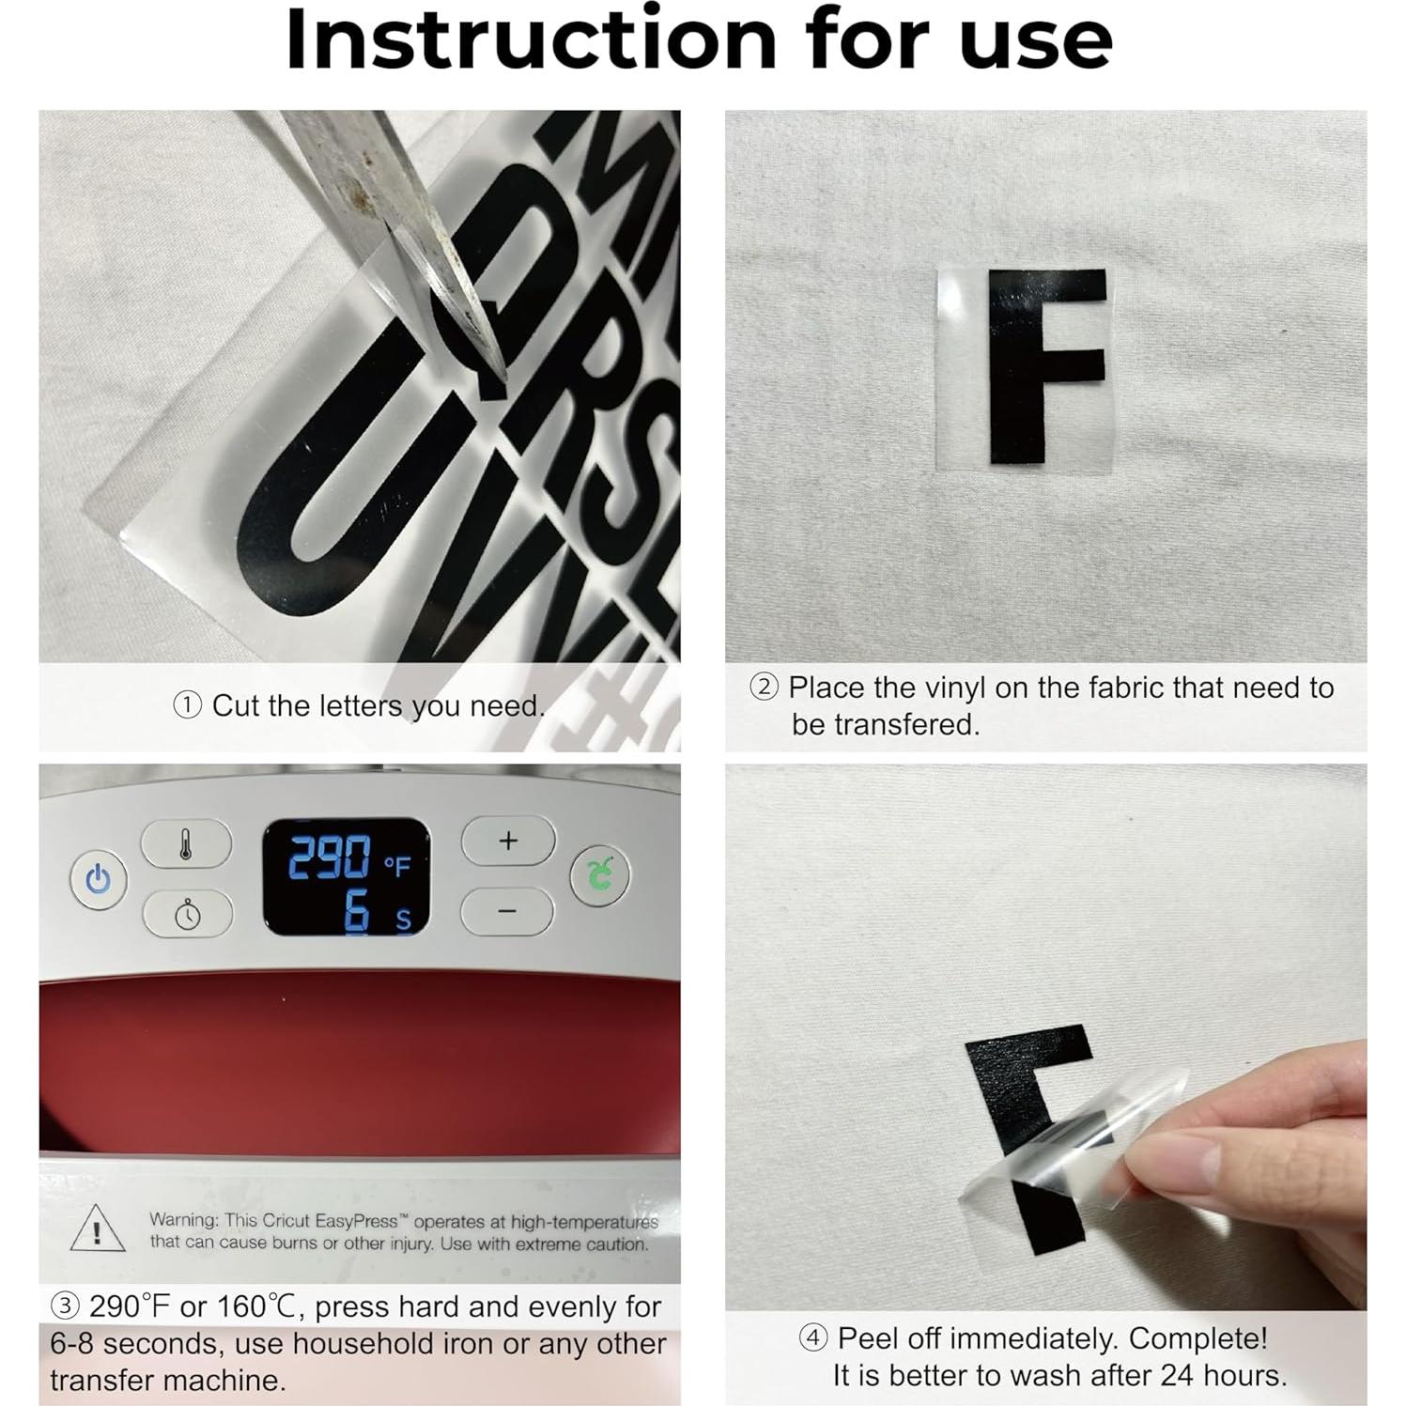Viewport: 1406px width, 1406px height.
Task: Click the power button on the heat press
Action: [98, 880]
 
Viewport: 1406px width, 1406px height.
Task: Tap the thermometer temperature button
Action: [186, 842]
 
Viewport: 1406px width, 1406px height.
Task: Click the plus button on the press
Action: [508, 841]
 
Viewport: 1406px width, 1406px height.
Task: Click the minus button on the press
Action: [507, 911]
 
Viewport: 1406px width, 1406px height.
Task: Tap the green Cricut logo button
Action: [599, 875]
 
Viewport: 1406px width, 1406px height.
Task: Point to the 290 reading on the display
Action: [329, 857]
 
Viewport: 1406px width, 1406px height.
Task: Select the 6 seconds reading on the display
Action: [357, 912]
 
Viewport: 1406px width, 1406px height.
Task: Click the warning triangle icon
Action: [98, 1229]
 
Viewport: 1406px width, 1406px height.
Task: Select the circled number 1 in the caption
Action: [188, 705]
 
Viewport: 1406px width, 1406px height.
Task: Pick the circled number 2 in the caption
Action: [764, 687]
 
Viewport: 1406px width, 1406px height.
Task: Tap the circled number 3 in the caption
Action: [64, 1306]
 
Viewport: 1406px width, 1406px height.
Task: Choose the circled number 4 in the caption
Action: [812, 1337]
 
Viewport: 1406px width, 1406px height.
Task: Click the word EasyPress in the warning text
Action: [357, 1221]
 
